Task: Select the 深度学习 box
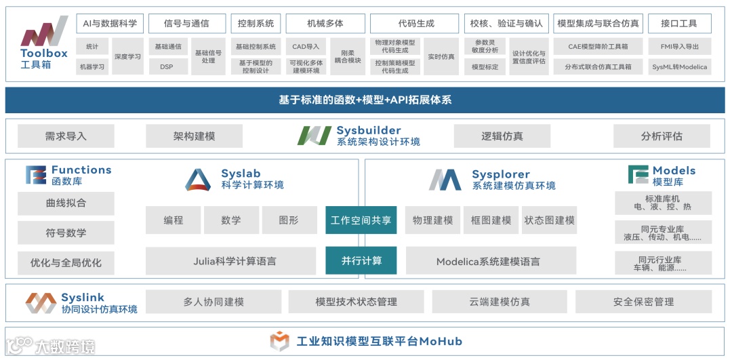pos(127,56)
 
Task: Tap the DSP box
pos(166,66)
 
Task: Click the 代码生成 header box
pos(415,23)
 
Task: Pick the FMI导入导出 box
pos(679,47)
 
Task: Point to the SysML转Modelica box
pos(679,66)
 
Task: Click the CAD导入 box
pos(306,47)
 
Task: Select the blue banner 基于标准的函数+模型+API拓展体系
pos(365,100)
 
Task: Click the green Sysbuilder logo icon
pos(314,136)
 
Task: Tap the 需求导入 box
pos(66,136)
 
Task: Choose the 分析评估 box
pos(662,136)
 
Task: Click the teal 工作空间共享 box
pos(361,220)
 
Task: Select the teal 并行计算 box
pos(361,260)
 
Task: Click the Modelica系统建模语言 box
pos(488,261)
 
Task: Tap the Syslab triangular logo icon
pos(198,179)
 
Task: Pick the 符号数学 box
pos(66,233)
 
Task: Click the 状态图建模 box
pos(549,220)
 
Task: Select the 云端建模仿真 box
pos(500,302)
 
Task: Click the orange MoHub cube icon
pos(279,341)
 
